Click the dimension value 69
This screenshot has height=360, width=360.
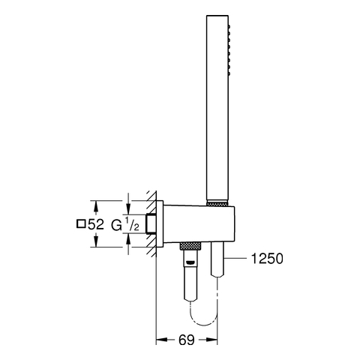(x=187, y=340)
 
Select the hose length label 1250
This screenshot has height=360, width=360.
(x=267, y=259)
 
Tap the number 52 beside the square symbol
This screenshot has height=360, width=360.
(x=96, y=224)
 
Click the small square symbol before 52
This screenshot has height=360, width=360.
(x=80, y=223)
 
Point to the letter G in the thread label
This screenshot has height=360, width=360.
(x=116, y=226)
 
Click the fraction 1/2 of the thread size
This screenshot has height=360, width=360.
(x=132, y=224)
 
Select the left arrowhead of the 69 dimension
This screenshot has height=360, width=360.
(x=161, y=340)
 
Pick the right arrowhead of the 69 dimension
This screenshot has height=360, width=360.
(x=212, y=340)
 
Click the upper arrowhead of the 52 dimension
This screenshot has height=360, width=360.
(x=96, y=205)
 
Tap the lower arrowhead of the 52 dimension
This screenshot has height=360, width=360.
(x=96, y=241)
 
